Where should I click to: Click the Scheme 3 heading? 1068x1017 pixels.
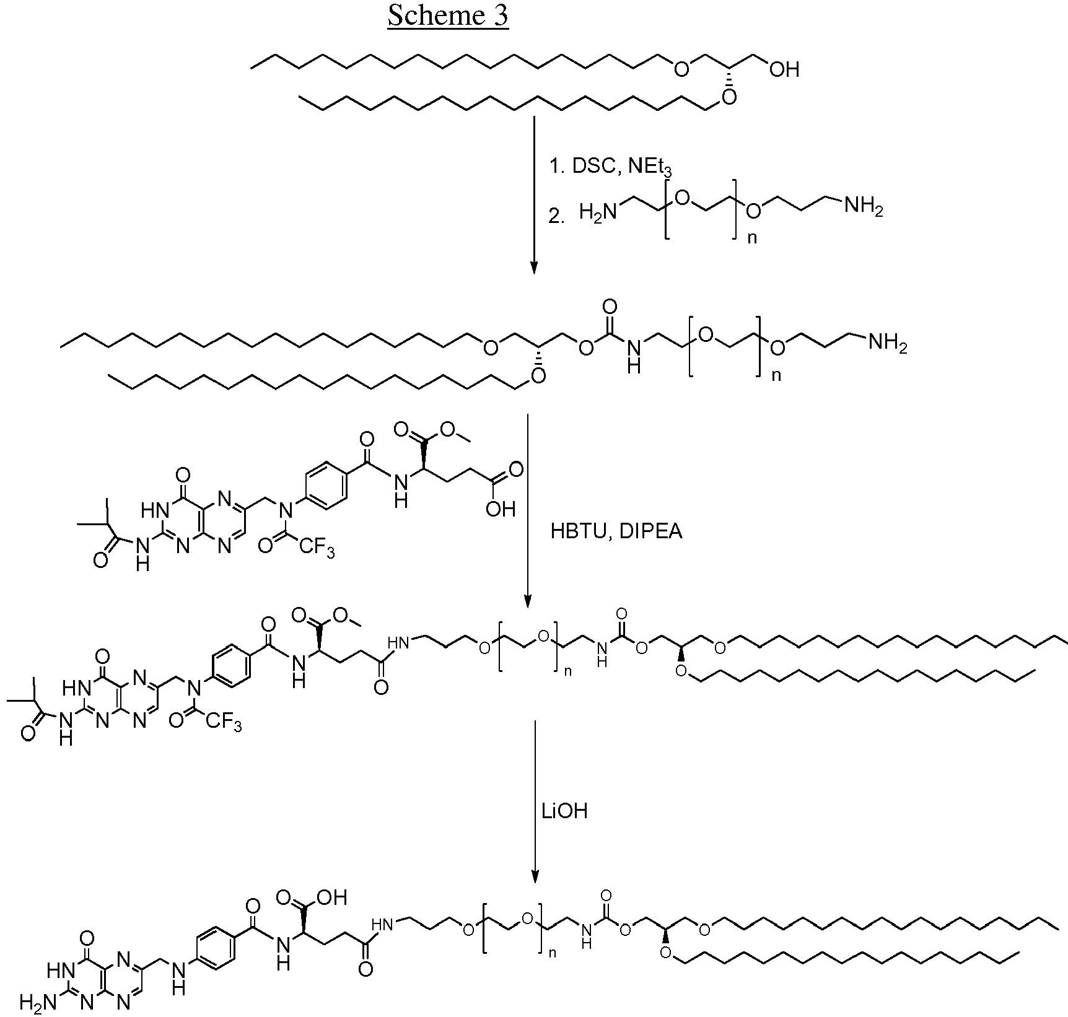(x=447, y=15)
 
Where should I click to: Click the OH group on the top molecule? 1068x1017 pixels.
(x=784, y=69)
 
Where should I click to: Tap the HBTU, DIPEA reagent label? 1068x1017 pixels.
(x=616, y=531)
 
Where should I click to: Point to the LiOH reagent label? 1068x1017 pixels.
(x=564, y=811)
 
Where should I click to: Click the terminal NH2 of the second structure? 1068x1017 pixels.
(x=888, y=342)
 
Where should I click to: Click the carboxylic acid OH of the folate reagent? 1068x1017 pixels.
(x=501, y=508)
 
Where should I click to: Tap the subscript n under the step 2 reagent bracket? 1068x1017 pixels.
(x=752, y=238)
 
